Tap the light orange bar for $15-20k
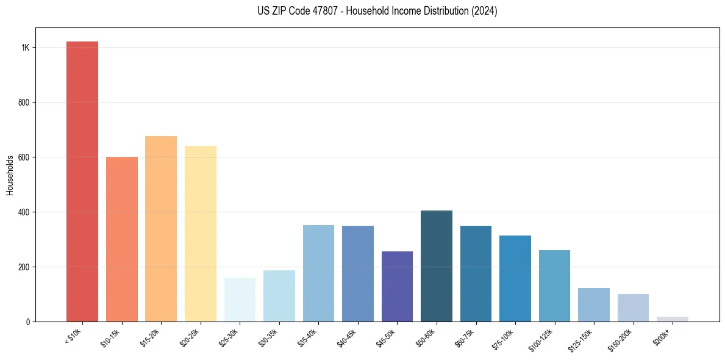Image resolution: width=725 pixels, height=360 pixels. (161, 229)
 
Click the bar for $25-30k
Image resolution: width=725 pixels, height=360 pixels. (240, 300)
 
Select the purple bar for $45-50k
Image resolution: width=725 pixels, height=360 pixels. (397, 286)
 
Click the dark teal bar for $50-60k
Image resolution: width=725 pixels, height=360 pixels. (437, 266)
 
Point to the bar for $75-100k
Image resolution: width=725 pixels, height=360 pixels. (515, 278)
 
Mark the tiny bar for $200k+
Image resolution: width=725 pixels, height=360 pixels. (673, 319)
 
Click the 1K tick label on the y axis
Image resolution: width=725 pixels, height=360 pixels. (26, 48)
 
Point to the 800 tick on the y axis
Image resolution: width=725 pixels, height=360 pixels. (24, 103)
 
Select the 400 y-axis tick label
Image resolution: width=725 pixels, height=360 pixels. (24, 212)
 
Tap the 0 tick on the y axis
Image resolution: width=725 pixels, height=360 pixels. (28, 322)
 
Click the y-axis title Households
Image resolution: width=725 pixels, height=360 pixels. (10, 175)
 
